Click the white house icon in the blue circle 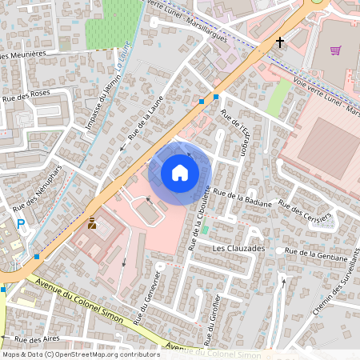point(180,172)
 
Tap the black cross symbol point(280,41)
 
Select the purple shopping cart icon point(335,50)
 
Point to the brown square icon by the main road point(92,224)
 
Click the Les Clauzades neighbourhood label point(238,249)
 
